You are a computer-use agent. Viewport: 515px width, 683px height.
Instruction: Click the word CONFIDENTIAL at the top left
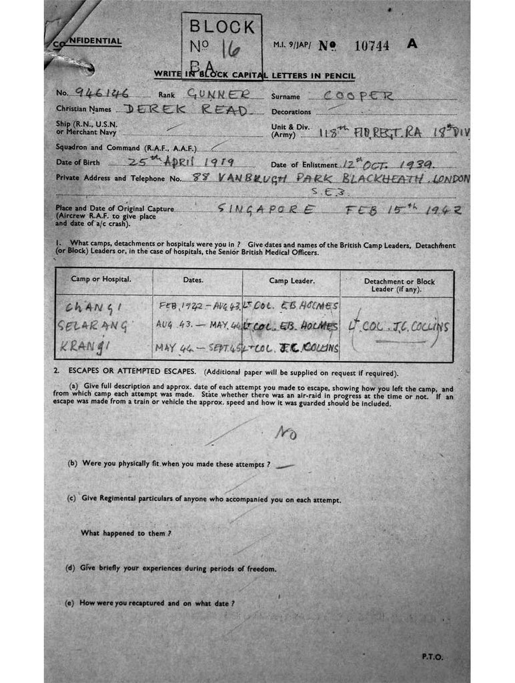click(89, 42)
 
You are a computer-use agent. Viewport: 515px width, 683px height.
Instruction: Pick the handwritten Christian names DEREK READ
click(187, 110)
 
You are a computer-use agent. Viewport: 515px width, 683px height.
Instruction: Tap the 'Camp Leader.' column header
click(292, 280)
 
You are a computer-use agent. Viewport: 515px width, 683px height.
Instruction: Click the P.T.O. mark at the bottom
click(432, 656)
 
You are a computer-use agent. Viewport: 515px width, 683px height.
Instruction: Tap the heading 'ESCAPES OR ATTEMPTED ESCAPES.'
click(133, 372)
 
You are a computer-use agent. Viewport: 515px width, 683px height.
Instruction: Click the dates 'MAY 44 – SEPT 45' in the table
click(197, 348)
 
